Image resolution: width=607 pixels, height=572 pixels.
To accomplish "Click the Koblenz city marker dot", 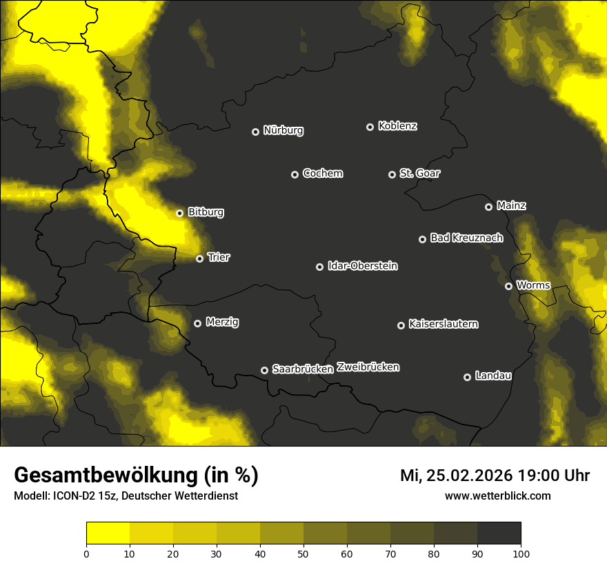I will click(370, 127).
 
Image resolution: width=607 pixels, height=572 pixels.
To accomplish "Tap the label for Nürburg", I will click(283, 130).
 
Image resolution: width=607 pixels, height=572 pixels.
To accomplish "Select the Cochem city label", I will click(323, 173).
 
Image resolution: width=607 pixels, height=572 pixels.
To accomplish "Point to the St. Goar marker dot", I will click(392, 174).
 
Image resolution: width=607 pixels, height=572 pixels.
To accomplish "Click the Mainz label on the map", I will click(511, 205).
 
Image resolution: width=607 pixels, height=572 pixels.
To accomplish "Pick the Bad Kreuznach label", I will click(466, 238).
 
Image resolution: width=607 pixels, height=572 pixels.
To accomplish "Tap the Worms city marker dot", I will click(508, 286).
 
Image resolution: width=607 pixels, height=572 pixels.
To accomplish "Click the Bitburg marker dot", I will click(179, 213).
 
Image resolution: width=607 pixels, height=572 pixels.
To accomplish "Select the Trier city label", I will click(219, 257).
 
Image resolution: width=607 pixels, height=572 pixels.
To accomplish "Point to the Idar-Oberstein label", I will click(363, 265).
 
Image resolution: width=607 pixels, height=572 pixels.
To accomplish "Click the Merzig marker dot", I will click(197, 323).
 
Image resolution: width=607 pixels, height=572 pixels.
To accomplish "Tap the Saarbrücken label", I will click(303, 369).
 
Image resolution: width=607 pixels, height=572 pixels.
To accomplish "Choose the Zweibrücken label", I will click(368, 367).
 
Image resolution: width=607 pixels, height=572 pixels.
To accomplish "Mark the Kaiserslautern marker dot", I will click(401, 325).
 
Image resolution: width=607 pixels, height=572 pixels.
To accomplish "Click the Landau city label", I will click(493, 376).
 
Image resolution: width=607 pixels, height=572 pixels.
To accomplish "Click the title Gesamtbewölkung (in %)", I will click(136, 476).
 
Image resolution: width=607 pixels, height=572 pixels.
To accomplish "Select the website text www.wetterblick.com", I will click(497, 496).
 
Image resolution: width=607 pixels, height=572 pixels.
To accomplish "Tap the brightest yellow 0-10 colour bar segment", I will click(108, 533).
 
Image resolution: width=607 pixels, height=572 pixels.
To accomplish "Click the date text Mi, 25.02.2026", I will click(455, 476).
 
